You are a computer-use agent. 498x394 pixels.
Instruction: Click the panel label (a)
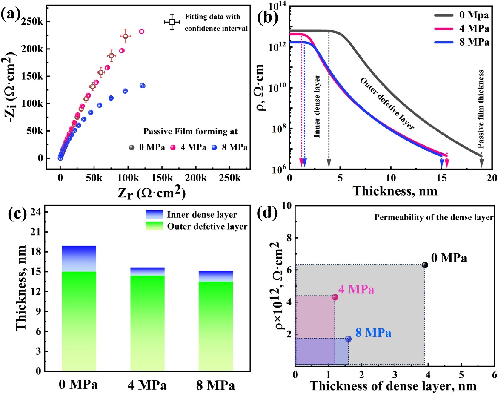(x=13, y=9)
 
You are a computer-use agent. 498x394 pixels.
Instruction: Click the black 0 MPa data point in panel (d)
(x=424, y=265)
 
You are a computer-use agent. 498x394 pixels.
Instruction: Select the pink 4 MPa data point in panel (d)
(x=335, y=297)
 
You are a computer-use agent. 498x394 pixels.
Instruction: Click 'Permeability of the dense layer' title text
(x=433, y=218)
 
